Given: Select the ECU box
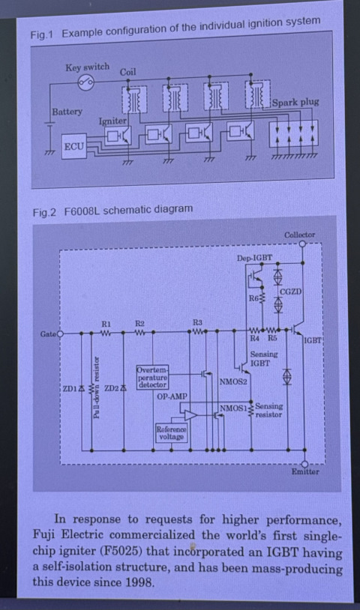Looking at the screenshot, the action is click(x=74, y=146).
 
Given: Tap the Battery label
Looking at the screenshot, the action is click(x=67, y=112).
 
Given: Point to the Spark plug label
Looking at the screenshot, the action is click(x=295, y=103).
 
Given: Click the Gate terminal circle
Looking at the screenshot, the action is click(x=60, y=333).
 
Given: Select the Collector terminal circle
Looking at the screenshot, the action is click(x=302, y=244).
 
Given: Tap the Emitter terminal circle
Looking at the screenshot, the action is click(x=304, y=464).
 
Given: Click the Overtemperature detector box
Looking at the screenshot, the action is click(x=152, y=377).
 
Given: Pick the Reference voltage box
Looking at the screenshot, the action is click(x=171, y=432).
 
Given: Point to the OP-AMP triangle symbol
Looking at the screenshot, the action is click(x=190, y=414).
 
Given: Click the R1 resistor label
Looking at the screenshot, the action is click(x=106, y=324).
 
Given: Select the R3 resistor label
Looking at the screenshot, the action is click(x=197, y=322).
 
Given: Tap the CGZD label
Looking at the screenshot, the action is click(x=291, y=292).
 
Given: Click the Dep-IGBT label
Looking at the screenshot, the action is click(x=254, y=258).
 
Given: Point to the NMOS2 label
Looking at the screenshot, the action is click(x=233, y=381).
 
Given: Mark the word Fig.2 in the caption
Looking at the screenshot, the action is click(x=44, y=212).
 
